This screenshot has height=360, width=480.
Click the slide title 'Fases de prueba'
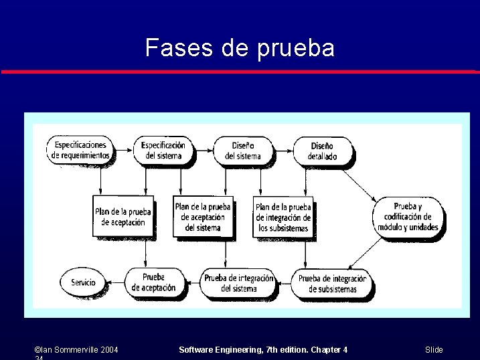coord(240,48)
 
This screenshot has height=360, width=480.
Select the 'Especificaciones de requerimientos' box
coord(80,151)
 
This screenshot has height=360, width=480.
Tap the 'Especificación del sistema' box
coord(163,151)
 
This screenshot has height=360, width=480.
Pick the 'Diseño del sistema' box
coord(243,151)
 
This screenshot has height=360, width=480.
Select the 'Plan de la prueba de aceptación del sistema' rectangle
coord(203,217)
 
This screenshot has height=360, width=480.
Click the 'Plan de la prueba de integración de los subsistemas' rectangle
coord(283,217)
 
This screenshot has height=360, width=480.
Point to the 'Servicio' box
coord(84,282)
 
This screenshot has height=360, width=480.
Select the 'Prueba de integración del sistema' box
coord(238,283)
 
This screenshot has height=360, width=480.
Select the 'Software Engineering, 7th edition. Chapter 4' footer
coord(264,350)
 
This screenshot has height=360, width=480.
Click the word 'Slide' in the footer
coord(434,350)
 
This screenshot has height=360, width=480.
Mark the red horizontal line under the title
coord(240,72)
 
